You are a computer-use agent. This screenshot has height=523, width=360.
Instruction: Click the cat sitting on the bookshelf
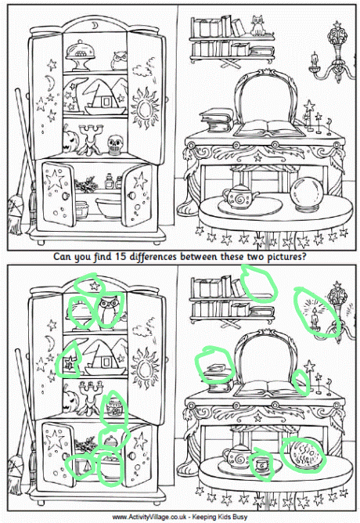(x=257, y=25)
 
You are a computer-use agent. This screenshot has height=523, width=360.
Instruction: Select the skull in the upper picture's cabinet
(x=116, y=144)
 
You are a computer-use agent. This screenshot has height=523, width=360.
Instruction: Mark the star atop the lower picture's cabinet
(x=95, y=285)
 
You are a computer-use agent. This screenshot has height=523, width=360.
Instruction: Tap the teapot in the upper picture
(x=239, y=197)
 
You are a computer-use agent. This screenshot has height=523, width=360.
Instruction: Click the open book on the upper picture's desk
(x=268, y=128)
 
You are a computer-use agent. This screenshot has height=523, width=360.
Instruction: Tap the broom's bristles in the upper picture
(x=16, y=215)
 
